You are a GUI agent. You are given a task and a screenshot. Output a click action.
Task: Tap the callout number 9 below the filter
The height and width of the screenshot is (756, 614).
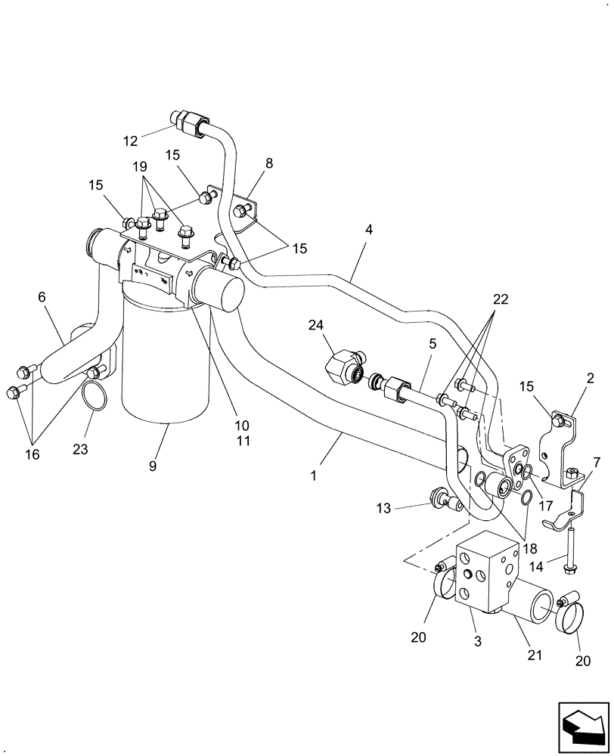[x=153, y=466]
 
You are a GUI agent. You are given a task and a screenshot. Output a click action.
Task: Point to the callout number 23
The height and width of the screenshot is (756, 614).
[x=81, y=449]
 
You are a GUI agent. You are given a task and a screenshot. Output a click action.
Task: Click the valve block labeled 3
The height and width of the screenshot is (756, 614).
[x=485, y=575]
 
